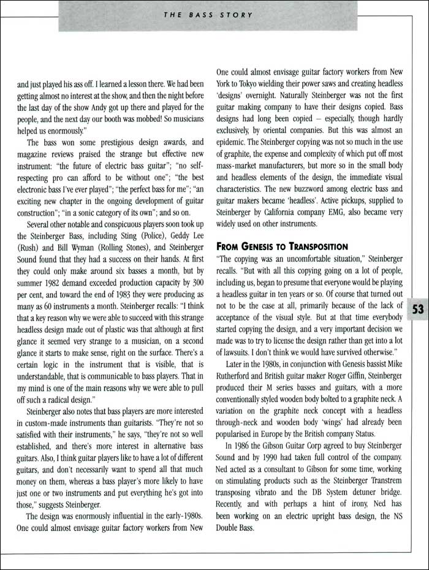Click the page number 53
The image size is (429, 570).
click(x=417, y=309)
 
